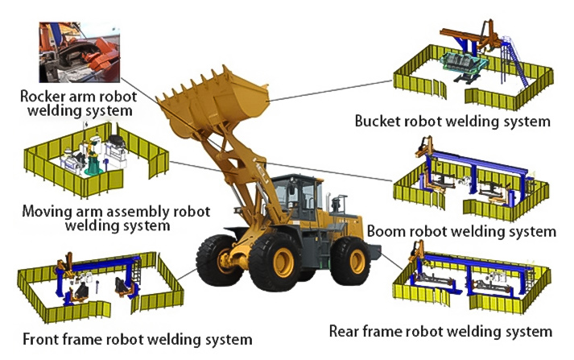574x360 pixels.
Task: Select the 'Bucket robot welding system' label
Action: coord(452,122)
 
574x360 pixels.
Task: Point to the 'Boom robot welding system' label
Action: coord(461,231)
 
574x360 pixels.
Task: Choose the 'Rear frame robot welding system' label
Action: coord(440,331)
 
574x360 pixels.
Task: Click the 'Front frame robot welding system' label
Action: coord(138,339)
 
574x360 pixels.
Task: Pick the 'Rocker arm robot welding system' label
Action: coord(76,103)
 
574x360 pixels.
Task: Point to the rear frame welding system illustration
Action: coord(471,282)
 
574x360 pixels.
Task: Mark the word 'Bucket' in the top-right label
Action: coord(380,122)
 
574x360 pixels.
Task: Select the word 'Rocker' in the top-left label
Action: coord(43,96)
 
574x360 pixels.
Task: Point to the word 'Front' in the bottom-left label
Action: coord(43,339)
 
